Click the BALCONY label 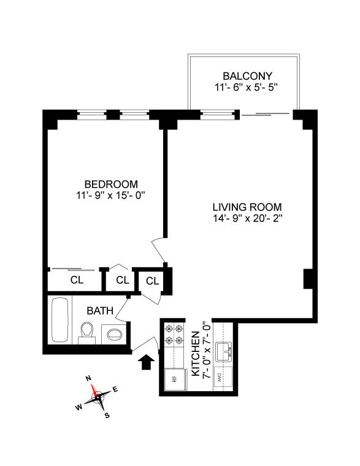tap(243, 76)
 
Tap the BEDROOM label tap(111, 184)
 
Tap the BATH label tap(99, 311)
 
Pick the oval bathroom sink tap(115, 335)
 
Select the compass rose tap(98, 397)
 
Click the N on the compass tap(88, 378)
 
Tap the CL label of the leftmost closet tap(76, 280)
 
